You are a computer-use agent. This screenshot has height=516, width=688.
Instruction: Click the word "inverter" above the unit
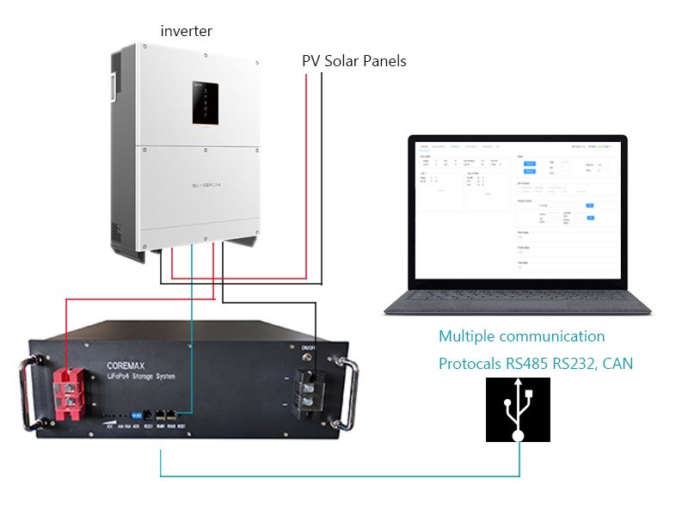(186, 31)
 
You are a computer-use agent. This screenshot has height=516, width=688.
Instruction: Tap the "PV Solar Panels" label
(353, 62)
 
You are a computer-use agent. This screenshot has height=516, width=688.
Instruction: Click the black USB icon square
(518, 410)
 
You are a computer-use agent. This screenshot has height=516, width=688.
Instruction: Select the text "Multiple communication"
(521, 336)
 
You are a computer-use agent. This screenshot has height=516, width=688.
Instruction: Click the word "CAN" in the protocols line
(617, 364)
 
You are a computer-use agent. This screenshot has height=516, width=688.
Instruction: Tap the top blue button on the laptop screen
(530, 163)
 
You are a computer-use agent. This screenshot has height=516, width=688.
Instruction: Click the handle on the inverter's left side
(114, 86)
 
